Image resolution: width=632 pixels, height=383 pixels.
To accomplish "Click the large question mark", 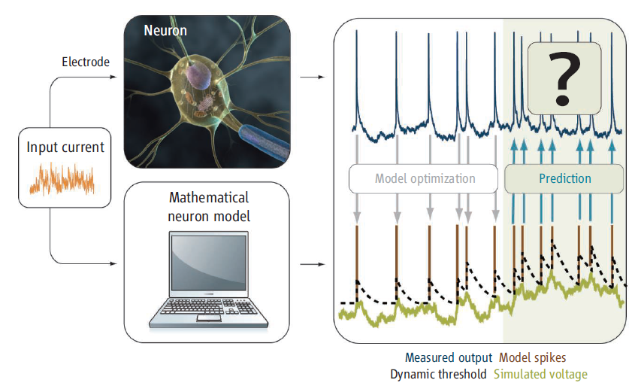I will click(564, 78).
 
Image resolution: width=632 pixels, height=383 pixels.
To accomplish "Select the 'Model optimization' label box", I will click(424, 178).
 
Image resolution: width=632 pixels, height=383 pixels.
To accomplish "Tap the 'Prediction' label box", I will click(564, 178).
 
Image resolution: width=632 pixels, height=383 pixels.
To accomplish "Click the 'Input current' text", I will click(65, 147).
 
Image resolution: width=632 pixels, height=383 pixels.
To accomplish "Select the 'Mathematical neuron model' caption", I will click(209, 206).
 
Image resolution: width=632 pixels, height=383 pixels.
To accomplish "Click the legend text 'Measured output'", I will click(449, 357).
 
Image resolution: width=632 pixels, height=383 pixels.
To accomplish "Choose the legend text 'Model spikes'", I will click(533, 357).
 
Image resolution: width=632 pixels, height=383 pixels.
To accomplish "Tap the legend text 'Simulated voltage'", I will click(540, 373).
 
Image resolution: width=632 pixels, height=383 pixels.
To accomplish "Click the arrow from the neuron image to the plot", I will click(311, 77).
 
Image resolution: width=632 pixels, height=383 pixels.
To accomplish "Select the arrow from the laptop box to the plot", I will click(311, 265).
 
